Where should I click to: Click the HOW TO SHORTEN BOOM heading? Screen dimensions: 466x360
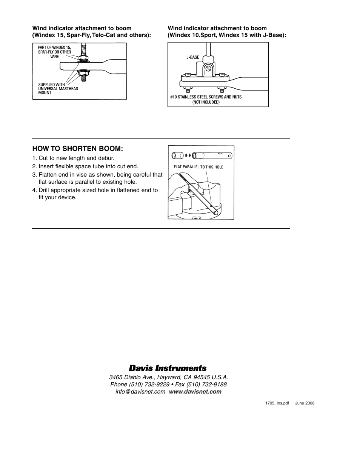[x=78, y=149]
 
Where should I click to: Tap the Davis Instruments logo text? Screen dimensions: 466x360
[x=168, y=368]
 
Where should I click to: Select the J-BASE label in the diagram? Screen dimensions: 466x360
[x=193, y=57]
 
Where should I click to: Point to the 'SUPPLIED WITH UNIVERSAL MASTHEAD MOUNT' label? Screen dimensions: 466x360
[x=58, y=89]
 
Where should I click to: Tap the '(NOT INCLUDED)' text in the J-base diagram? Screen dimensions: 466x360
[x=206, y=102]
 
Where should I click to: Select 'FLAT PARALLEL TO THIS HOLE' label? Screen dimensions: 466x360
[x=198, y=167]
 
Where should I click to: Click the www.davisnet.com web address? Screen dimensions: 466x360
[x=195, y=392]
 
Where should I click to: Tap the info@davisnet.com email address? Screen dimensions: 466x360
[x=140, y=392]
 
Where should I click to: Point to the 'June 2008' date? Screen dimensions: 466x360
[x=305, y=403]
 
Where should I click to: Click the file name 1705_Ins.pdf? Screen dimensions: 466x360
[x=277, y=403]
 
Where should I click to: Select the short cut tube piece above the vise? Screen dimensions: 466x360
[x=177, y=155]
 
